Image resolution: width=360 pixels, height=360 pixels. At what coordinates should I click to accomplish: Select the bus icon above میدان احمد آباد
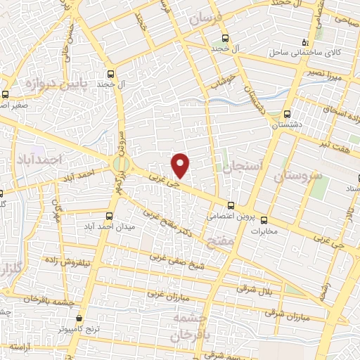tap(108, 216)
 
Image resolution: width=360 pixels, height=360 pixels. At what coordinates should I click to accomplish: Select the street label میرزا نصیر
tap(328, 75)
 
